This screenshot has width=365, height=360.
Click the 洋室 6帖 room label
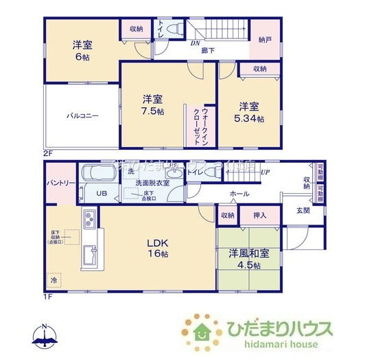click(82, 51)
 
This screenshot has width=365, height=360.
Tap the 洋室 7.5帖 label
click(152, 104)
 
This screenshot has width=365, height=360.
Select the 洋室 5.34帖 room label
click(250, 112)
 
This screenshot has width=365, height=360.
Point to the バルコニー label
click(82, 115)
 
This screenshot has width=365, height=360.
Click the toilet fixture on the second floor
click(174, 30)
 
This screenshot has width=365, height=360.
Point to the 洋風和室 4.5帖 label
click(248, 260)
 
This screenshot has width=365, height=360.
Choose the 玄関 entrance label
click(303, 210)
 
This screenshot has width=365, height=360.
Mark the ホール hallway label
click(239, 194)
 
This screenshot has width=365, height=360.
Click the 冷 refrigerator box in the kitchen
click(54, 280)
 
